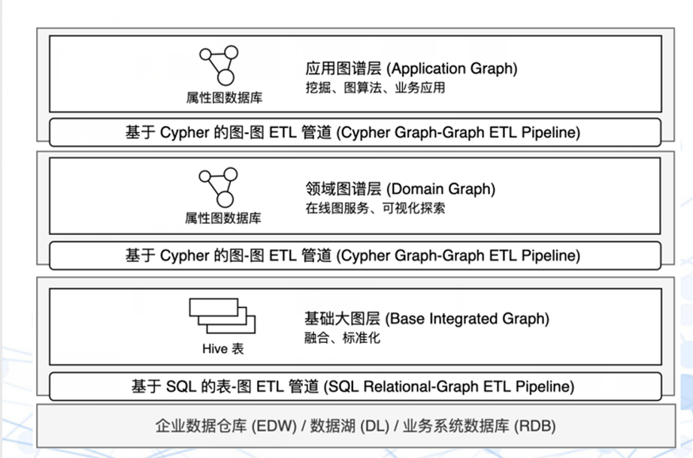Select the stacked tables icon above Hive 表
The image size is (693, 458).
pyautogui.click(x=222, y=316)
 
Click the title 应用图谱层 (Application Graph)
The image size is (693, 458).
pyautogui.click(x=411, y=68)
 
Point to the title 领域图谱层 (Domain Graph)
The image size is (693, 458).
pyautogui.click(x=400, y=189)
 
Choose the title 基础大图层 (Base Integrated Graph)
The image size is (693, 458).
pyautogui.click(x=426, y=318)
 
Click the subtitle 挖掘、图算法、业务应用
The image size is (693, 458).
pyautogui.click(x=375, y=87)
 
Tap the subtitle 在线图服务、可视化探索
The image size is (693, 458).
pyautogui.click(x=375, y=208)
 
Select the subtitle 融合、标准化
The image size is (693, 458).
pyautogui.click(x=342, y=338)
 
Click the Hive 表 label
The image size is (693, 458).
pyautogui.click(x=222, y=349)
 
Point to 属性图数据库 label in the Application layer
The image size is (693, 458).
pyautogui.click(x=224, y=98)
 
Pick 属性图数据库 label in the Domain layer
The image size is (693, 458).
pyautogui.click(x=223, y=218)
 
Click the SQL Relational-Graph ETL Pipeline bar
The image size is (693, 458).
pyautogui.click(x=356, y=387)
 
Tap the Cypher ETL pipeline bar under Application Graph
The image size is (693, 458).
pyautogui.click(x=356, y=132)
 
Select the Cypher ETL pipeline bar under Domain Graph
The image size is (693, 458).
pyautogui.click(x=356, y=255)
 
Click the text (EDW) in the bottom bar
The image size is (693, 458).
pyautogui.click(x=274, y=426)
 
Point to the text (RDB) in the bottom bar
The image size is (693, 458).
pyautogui.click(x=534, y=426)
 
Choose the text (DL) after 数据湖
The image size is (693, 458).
pyautogui.click(x=375, y=426)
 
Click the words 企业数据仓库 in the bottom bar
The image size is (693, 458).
pyautogui.click(x=201, y=426)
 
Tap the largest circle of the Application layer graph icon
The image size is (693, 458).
pyautogui.click(x=225, y=77)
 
